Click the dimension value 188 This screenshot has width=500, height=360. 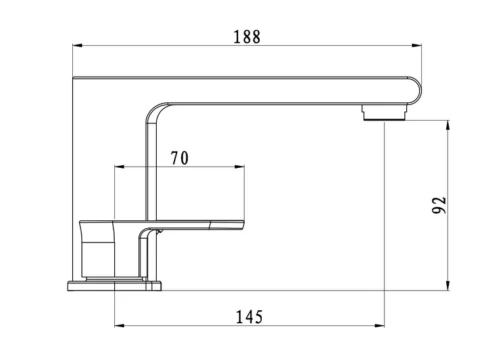(x=246, y=37)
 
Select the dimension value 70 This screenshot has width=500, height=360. (x=181, y=157)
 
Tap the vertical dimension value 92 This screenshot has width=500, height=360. (x=440, y=206)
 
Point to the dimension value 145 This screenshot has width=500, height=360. (x=250, y=317)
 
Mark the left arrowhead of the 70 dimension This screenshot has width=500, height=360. (x=119, y=167)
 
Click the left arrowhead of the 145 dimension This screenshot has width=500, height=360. (x=119, y=327)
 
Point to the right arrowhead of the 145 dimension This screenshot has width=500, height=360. (x=382, y=327)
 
